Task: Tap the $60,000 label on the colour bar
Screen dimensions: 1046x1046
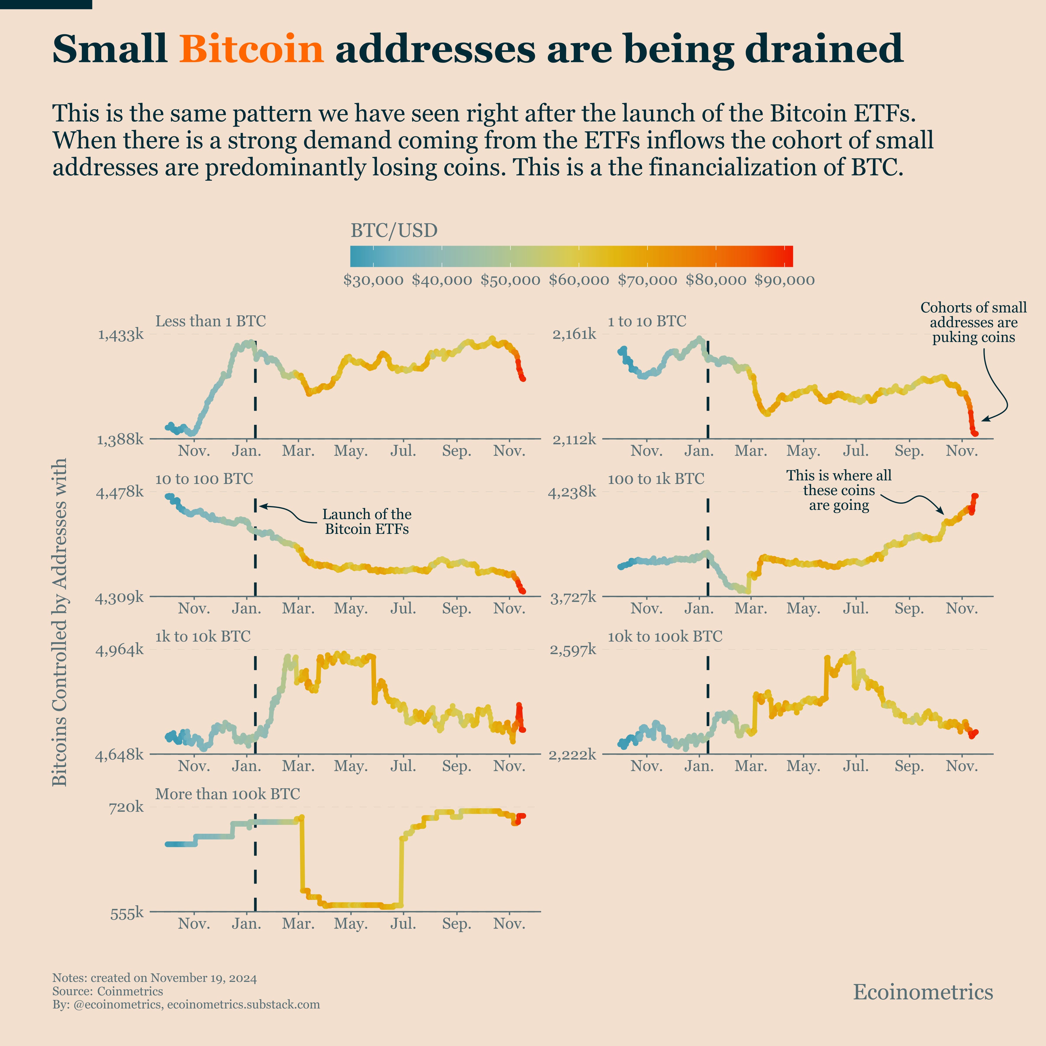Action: point(578,280)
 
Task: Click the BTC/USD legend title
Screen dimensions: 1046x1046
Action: point(394,231)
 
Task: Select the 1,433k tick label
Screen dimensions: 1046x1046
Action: point(120,334)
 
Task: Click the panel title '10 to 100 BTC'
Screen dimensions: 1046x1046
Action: point(204,479)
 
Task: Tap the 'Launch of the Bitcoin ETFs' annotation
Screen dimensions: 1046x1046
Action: point(367,521)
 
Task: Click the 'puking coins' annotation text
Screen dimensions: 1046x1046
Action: point(973,337)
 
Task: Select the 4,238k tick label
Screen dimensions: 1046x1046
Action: point(572,492)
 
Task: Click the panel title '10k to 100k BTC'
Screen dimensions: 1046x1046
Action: point(665,637)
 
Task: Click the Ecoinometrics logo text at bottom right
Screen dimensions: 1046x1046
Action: point(923,992)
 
